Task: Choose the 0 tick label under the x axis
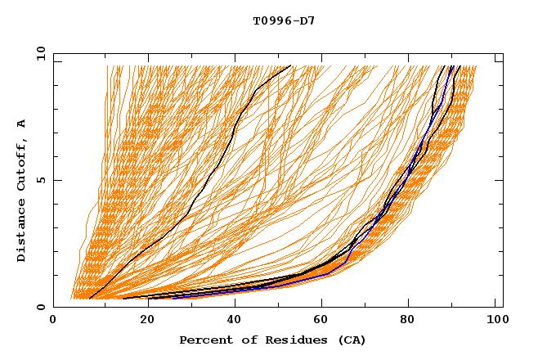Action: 54,321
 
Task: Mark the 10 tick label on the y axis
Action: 40,53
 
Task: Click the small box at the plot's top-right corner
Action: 498,58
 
